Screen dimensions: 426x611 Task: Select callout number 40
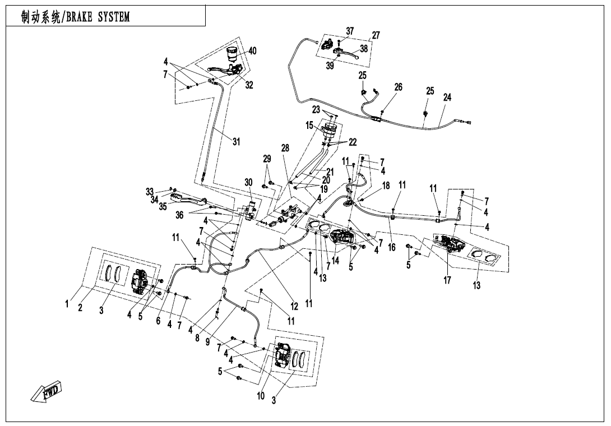tap(252, 51)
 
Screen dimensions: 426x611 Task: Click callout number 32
tap(249, 86)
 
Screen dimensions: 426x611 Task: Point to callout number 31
tap(236, 142)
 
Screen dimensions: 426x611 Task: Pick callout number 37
tap(350, 31)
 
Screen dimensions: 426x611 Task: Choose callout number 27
tap(376, 35)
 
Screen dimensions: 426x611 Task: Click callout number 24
tap(447, 97)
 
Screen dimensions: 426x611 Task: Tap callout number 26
tap(398, 87)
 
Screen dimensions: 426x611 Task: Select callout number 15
tap(309, 126)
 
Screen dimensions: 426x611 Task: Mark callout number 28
tap(285, 149)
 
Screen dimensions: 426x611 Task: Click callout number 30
tap(248, 183)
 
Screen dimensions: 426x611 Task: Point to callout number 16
tap(391, 247)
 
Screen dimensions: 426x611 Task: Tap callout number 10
tap(261, 396)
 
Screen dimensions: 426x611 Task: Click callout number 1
tap(67, 304)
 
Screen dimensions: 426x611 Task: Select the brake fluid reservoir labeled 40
tap(232, 54)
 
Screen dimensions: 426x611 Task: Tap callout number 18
tap(386, 186)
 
